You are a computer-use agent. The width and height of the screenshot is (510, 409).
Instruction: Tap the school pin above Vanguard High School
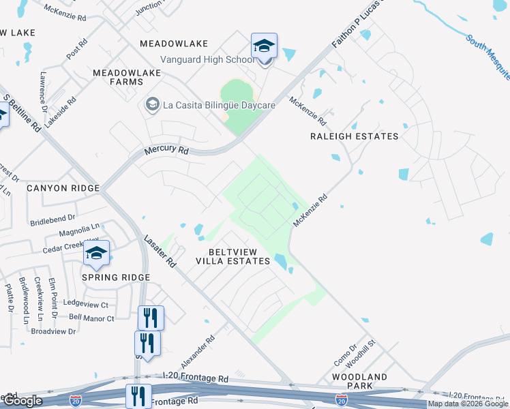(x=264, y=46)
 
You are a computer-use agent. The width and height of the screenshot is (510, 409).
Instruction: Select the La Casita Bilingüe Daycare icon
(x=151, y=104)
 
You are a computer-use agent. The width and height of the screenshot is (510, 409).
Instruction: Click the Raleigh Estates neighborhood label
(x=354, y=136)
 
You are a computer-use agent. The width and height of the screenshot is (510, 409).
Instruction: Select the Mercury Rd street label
(x=166, y=150)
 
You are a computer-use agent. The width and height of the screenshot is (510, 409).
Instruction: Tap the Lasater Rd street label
(x=160, y=251)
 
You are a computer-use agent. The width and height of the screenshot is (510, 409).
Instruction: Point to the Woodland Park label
(x=359, y=381)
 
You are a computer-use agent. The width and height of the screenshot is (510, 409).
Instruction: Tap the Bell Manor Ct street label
(x=92, y=317)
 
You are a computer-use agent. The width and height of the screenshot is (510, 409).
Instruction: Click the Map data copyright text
(x=468, y=404)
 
